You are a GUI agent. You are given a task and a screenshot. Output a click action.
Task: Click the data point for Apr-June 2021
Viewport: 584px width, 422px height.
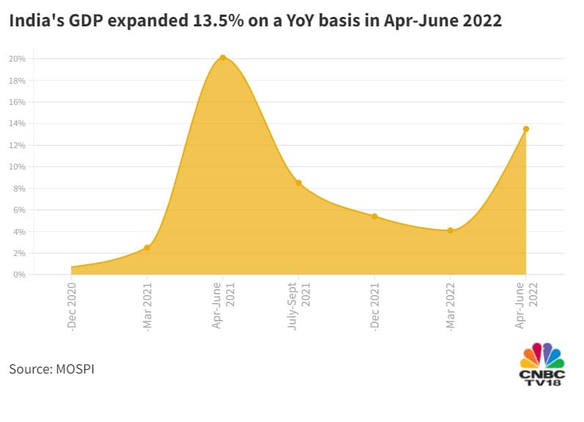tap(222, 57)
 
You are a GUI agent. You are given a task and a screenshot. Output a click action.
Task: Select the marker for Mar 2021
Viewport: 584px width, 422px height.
tap(147, 247)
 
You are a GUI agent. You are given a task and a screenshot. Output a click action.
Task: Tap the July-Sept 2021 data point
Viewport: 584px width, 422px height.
tap(299, 183)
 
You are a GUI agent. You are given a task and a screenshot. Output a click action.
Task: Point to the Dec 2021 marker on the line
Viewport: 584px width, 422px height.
tap(374, 217)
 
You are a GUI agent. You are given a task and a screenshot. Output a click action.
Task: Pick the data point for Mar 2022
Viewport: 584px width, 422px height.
tap(450, 230)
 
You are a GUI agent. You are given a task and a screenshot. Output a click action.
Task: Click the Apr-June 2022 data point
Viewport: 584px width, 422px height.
tap(526, 129)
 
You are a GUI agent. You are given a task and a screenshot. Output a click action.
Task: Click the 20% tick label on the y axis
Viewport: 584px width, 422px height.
tap(18, 59)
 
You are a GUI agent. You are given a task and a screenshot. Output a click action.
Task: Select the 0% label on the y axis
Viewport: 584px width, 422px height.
tap(19, 274)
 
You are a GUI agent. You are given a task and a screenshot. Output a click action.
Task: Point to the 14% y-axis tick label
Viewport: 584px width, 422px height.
tap(18, 123)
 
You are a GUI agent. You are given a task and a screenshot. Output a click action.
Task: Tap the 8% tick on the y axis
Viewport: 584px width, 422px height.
tap(19, 189)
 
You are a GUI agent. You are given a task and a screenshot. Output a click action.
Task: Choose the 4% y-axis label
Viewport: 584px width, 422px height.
tap(19, 232)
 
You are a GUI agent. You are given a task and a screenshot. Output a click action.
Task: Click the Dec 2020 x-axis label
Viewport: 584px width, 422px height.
tap(72, 307)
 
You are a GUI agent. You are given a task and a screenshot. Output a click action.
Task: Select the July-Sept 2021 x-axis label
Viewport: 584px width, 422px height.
tap(298, 305)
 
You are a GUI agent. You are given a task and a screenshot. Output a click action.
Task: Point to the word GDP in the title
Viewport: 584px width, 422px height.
tap(77, 21)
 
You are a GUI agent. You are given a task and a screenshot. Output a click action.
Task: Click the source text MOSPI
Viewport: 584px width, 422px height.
tap(75, 368)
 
